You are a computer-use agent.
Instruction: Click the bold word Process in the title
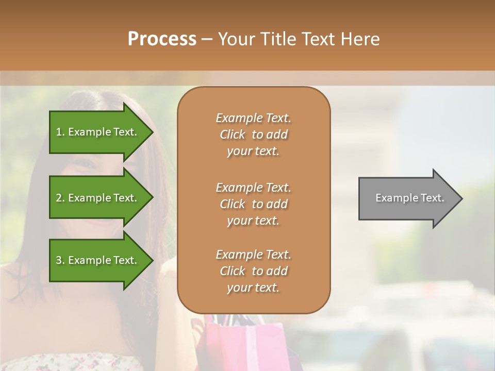[162, 39]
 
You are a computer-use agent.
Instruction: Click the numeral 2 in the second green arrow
[59, 198]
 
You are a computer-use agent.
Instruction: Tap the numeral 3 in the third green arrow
[59, 260]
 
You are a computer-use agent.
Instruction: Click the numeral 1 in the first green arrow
[59, 132]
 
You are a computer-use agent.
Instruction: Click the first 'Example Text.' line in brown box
[253, 118]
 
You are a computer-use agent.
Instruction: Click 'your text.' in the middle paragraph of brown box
[253, 221]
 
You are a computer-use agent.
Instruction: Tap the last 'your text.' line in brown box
[253, 288]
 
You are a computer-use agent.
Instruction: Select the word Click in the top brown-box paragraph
[233, 134]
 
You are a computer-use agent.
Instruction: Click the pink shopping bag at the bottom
[258, 343]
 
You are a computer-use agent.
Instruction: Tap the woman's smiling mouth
[103, 223]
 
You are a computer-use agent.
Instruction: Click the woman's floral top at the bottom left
[62, 361]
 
